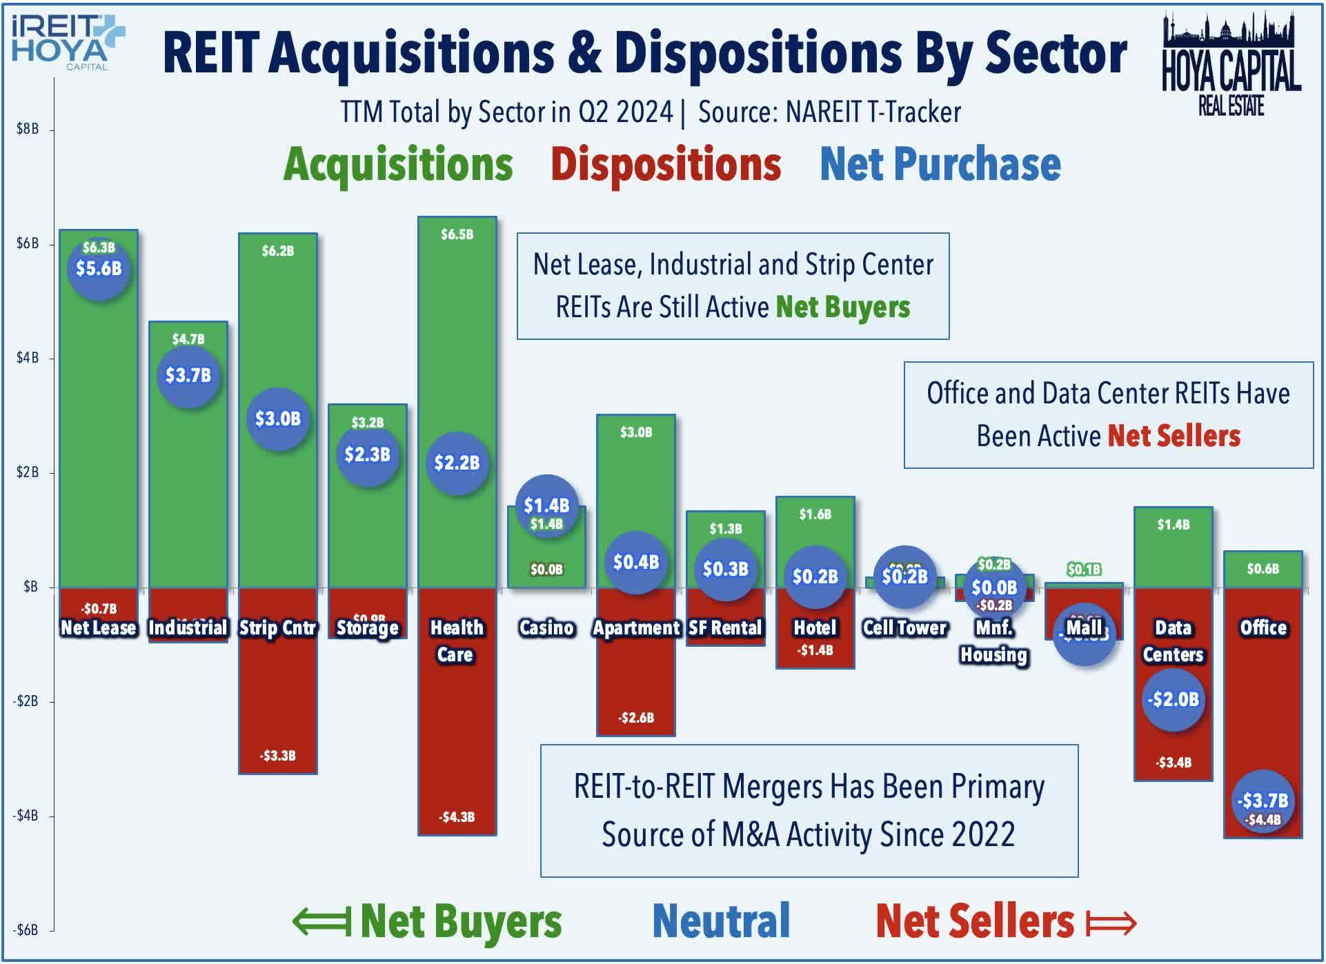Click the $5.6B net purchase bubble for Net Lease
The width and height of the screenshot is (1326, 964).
[99, 269]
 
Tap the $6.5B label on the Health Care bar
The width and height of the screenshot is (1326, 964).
[457, 234]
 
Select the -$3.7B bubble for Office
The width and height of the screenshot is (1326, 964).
[1263, 801]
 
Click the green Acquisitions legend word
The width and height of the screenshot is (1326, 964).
[398, 164]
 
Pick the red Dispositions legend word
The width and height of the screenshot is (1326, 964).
[666, 164]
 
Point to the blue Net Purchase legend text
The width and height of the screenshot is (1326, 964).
[940, 164]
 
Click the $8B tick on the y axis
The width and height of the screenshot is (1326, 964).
[28, 129]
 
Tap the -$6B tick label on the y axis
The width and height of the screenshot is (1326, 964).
[26, 930]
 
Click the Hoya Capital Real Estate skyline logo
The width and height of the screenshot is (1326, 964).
[1231, 63]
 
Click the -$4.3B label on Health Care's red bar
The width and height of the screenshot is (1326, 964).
[457, 817]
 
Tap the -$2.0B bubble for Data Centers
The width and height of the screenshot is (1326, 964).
[1173, 699]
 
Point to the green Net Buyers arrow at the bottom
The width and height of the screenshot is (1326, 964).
[321, 922]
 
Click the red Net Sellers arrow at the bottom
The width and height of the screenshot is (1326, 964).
[1111, 922]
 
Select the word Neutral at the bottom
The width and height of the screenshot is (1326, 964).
[721, 921]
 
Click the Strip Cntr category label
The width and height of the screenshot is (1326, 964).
[277, 627]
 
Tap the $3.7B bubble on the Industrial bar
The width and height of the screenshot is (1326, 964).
[188, 376]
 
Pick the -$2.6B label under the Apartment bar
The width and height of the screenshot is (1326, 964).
[636, 718]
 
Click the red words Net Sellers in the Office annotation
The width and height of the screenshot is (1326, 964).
[1174, 436]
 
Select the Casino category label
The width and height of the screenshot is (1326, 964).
[546, 627]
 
